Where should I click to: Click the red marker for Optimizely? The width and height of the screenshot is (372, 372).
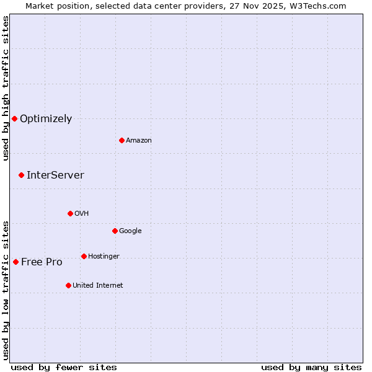tap(14, 118)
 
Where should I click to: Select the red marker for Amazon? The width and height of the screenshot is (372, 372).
tap(122, 140)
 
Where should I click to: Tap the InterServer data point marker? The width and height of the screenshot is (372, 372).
tap(21, 175)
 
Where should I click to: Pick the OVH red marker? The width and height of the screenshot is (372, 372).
tap(70, 213)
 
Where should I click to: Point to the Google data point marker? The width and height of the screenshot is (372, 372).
tap(115, 231)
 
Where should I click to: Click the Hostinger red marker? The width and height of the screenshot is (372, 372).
tap(84, 256)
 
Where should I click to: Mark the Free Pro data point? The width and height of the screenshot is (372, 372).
tap(15, 262)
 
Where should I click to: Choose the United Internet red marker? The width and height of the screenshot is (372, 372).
tap(68, 285)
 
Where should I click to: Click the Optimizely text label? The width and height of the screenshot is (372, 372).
tap(46, 119)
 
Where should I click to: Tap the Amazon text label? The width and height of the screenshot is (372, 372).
tap(139, 141)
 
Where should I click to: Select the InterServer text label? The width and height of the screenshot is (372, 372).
tap(55, 175)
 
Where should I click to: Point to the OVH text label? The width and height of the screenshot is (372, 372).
tap(82, 214)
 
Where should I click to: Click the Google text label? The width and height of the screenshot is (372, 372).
tap(130, 231)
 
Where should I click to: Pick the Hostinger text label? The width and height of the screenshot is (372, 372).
tap(104, 257)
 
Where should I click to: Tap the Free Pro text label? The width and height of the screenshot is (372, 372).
tap(42, 262)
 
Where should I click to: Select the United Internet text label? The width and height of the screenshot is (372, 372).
tap(97, 286)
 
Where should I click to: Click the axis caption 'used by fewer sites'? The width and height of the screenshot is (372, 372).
tap(64, 367)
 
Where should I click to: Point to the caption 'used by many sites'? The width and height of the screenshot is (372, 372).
tap(311, 367)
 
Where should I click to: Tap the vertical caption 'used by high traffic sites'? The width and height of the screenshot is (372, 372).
tap(6, 88)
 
